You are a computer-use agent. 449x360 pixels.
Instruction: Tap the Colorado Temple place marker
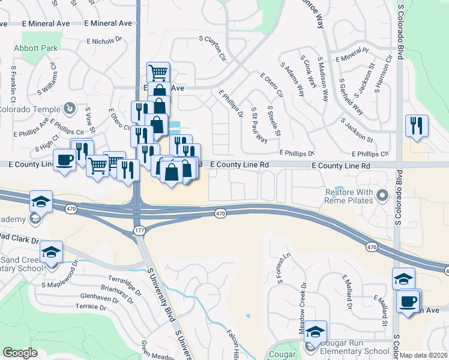click(x=70, y=109)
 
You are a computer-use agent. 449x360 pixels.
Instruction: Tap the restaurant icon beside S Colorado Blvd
click(x=416, y=126)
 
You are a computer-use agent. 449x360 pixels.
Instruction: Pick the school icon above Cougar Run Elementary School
click(x=315, y=331)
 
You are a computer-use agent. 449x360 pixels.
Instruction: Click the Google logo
click(x=20, y=353)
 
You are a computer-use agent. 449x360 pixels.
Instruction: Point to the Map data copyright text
click(x=424, y=355)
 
